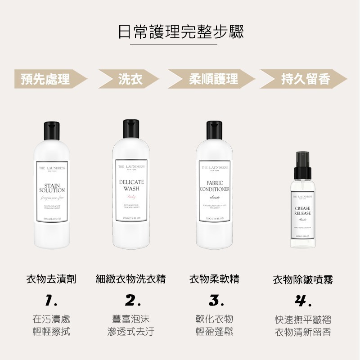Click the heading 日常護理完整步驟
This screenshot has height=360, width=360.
coord(180,31)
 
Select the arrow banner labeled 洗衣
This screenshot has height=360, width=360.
coord(130,80)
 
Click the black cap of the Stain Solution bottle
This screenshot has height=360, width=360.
coord(52,130)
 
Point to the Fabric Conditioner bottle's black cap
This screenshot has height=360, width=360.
coord(215,130)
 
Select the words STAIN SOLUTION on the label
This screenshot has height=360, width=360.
coord(52,188)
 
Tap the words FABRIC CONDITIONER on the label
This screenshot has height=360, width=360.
coord(215,186)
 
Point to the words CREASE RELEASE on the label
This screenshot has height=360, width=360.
coord(302,211)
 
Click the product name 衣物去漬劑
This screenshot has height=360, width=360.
coord(51,279)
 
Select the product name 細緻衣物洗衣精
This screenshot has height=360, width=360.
coord(131,279)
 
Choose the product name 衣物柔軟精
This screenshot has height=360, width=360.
coord(214,279)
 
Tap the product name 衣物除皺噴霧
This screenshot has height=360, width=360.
coord(303,280)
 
